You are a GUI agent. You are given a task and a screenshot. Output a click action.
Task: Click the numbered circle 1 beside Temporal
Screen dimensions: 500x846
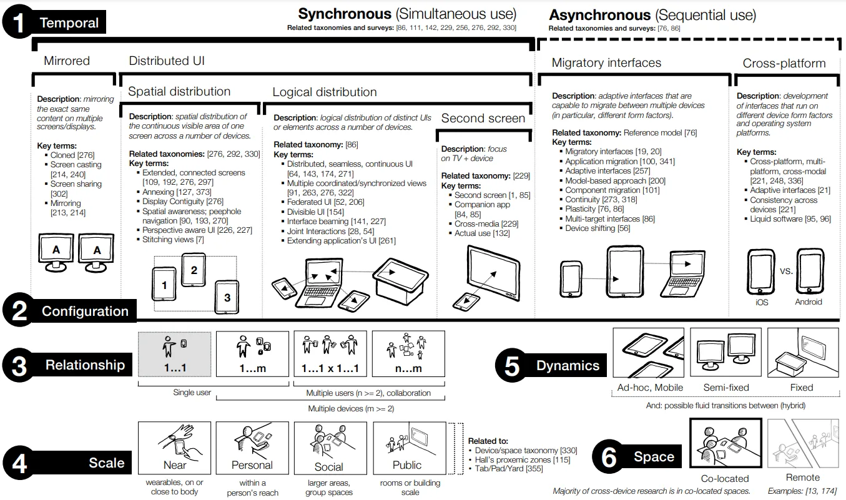(x=19, y=22)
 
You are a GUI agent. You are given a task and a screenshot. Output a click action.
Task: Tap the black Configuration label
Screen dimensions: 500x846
(x=84, y=311)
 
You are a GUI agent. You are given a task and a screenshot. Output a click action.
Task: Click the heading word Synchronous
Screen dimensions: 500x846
(x=344, y=14)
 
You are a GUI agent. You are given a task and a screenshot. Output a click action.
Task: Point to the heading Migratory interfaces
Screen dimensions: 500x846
(x=606, y=62)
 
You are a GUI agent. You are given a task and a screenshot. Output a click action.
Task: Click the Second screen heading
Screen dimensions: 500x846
(x=483, y=118)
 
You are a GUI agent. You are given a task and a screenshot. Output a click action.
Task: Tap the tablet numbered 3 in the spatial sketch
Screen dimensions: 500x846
(x=227, y=297)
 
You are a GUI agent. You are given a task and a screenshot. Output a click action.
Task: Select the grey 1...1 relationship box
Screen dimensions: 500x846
(x=175, y=354)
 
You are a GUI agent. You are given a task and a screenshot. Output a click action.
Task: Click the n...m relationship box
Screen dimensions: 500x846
(x=408, y=354)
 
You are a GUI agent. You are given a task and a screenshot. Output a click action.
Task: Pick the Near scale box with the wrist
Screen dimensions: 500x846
(x=175, y=448)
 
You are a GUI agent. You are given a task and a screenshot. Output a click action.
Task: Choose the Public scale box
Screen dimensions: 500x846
(x=408, y=448)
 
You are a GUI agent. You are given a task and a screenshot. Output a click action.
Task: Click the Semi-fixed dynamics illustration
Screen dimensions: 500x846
(x=725, y=353)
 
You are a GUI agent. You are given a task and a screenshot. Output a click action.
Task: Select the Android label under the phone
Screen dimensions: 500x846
(x=809, y=302)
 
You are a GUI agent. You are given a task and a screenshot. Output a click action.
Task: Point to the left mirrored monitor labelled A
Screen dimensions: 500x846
(x=56, y=252)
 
